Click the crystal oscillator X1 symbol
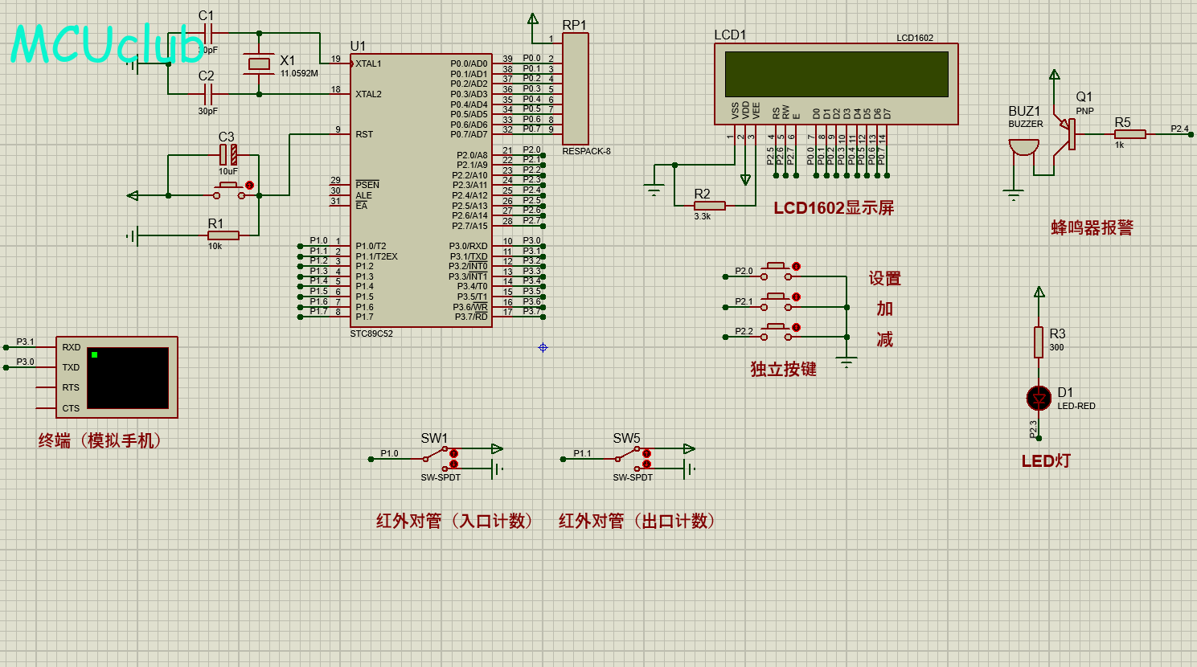pos(259,63)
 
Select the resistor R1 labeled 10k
pos(223,235)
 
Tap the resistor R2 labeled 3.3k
pos(709,206)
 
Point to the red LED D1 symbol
pos(1039,398)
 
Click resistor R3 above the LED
pos(1039,342)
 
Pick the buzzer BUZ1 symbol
pos(1023,147)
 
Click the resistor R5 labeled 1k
pos(1129,134)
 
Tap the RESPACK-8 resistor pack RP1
pos(576,88)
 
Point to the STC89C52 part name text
pos(371,333)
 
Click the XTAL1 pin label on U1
pos(368,63)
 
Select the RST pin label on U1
pos(364,134)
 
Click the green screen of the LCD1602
pos(836,74)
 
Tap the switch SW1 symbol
pos(438,458)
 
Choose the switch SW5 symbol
pos(631,458)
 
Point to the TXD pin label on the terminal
pos(71,367)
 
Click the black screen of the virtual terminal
pos(128,378)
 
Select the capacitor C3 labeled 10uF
pos(228,154)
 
